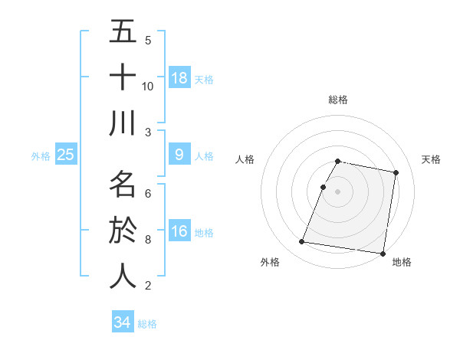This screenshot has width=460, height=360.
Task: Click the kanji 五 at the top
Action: point(123,32)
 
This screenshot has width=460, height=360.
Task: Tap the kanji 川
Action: point(123,123)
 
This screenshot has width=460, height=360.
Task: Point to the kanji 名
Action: point(123,185)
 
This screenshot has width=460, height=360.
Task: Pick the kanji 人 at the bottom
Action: point(123,276)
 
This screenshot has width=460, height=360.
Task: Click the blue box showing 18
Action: point(179,77)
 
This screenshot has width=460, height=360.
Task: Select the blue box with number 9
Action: point(179,155)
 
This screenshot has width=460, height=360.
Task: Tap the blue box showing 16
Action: point(179,231)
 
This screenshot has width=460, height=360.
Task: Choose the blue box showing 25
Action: point(65,155)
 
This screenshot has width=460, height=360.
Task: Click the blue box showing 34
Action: point(123,322)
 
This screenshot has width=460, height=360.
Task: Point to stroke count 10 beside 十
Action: point(148,86)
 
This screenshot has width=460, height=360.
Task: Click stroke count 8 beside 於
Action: point(148,240)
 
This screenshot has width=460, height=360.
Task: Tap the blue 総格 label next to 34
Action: point(147,324)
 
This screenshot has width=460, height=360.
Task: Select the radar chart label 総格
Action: point(337,100)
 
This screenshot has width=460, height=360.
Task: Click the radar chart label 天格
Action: point(432,159)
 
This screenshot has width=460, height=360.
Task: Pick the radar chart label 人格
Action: point(245,159)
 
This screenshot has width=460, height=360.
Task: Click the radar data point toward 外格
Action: point(301,242)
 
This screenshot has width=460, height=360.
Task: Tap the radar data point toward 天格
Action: point(396,173)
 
